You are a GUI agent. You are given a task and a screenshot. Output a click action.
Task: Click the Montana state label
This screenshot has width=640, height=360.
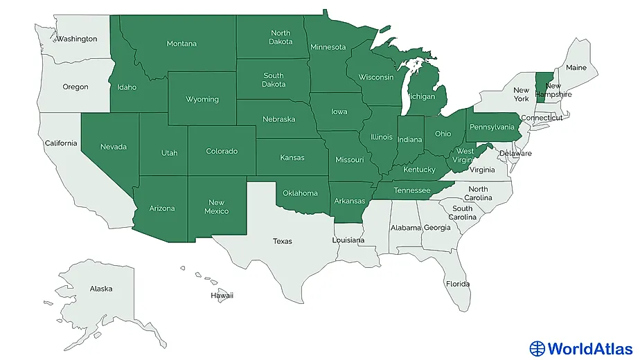pos(181,44)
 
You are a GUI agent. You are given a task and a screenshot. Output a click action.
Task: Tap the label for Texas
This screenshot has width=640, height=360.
pos(282,242)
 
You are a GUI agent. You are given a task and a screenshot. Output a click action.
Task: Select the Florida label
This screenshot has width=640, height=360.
pos(457,284)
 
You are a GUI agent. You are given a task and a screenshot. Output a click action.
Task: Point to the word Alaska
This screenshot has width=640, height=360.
pos(100,289)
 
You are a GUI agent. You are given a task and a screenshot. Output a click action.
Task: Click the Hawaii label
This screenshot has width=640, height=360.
pos(222,296)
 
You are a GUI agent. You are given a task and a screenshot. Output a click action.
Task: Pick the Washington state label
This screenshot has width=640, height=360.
pos(77,39)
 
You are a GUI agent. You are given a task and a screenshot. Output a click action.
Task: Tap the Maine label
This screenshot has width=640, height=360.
pos(576,68)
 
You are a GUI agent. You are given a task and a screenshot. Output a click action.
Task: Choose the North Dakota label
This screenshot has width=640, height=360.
pos(281,37)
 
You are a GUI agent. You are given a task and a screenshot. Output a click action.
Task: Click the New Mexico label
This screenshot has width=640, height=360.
pos(217,206)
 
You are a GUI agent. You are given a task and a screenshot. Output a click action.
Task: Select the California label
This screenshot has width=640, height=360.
pos(61,143)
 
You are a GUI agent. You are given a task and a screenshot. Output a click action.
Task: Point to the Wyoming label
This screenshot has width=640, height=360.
pos(202,99)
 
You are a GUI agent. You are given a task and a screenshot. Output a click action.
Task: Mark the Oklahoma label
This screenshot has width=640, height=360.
pos(301,193)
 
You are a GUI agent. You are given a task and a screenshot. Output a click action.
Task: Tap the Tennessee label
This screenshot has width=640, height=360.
pos(411,190)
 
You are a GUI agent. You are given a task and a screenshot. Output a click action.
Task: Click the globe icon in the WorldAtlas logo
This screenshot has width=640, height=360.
pos(537,348)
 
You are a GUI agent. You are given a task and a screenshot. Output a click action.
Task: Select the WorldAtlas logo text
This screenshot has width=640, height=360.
pos(589,348)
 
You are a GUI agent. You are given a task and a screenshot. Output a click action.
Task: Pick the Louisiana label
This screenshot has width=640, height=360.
pos(348,240)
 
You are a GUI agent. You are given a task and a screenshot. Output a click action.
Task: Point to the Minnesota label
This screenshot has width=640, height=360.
pos(328,47)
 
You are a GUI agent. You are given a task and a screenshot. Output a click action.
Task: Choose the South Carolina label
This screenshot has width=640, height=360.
pos(463,213)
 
